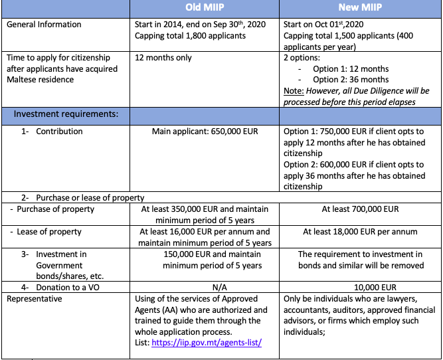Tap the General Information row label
(44, 25)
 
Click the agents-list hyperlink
(207, 342)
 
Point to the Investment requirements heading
(66, 114)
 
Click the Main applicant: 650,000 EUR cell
(204, 132)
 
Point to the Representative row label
(35, 299)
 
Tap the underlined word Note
(294, 90)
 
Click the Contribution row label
(60, 132)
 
